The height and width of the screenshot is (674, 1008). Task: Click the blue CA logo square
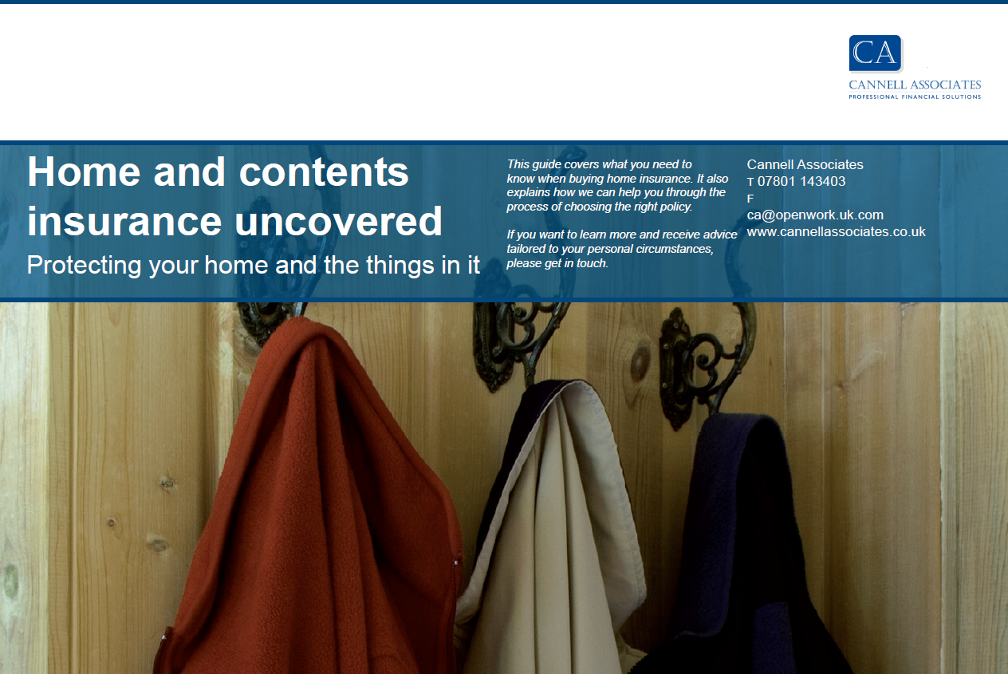(876, 53)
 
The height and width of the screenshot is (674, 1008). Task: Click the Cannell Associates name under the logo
(915, 85)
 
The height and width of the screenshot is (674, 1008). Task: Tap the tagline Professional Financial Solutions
(915, 97)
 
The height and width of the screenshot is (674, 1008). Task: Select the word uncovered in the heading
(338, 221)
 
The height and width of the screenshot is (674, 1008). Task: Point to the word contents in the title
(324, 172)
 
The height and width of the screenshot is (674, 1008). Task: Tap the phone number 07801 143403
(801, 181)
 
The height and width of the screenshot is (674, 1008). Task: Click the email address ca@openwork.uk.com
(815, 215)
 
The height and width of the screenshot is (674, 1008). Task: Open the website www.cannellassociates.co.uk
(836, 231)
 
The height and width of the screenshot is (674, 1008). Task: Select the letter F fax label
(750, 199)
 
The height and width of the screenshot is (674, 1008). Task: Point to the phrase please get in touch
(557, 263)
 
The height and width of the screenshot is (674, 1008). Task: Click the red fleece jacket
(310, 500)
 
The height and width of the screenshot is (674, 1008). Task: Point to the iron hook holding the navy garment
(702, 361)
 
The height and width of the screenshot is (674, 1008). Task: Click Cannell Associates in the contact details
(805, 164)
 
